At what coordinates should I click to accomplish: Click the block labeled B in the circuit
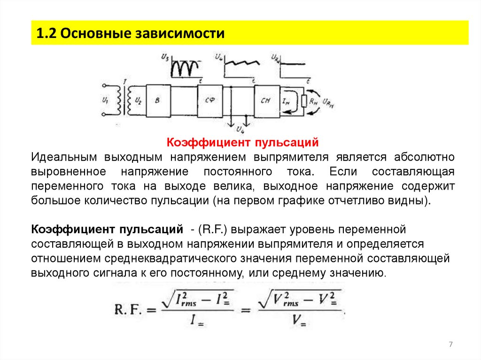coord(158,100)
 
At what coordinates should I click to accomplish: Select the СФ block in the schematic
coord(210,100)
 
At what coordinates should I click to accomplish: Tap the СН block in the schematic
coord(265,100)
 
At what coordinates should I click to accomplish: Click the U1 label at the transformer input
coord(104,100)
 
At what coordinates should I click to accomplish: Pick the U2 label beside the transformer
coord(138,100)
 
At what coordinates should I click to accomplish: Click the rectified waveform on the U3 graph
coord(184,69)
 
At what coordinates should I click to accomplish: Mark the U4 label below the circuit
coord(240,128)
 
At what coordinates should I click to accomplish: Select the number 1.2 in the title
coord(47,33)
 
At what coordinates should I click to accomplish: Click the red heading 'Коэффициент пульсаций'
coord(243,142)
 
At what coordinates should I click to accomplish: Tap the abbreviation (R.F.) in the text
coord(213,230)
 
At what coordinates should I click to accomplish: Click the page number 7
coord(450,345)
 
